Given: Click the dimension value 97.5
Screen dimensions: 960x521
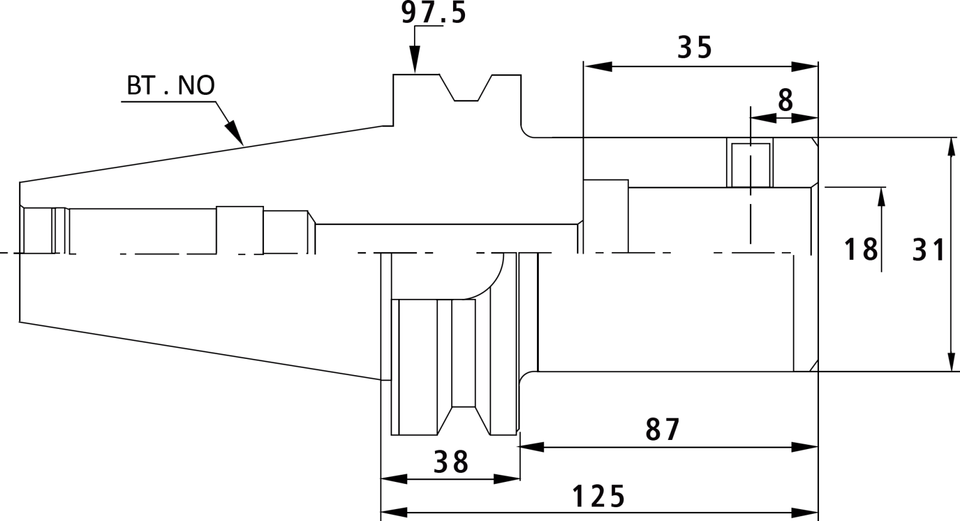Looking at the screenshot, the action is tap(433, 13).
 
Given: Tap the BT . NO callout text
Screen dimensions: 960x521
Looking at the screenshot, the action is tap(170, 85).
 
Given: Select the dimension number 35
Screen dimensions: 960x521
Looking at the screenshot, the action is tap(695, 47).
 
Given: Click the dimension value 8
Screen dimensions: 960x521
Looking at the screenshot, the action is tap(785, 100).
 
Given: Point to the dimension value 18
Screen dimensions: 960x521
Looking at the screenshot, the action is tap(860, 249).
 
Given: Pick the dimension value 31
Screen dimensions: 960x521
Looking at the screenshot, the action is tap(928, 250).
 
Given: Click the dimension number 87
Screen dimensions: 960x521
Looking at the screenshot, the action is tap(662, 429).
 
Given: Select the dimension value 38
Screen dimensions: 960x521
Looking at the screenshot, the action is tap(451, 462).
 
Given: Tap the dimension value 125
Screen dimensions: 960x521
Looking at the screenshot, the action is tap(599, 496).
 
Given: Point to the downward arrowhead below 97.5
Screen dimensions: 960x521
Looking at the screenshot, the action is tap(415, 59).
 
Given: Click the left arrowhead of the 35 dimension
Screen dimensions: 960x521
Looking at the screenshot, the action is tap(598, 67).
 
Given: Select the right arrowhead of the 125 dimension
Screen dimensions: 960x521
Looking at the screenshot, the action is tap(805, 512).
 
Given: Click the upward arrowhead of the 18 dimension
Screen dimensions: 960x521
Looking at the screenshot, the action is tap(881, 201).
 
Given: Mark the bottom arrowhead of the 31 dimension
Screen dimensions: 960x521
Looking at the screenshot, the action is tap(951, 357).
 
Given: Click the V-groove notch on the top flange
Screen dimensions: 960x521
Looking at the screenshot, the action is tap(466, 88).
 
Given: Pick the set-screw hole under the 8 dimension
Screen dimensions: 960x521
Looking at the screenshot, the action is tap(751, 165).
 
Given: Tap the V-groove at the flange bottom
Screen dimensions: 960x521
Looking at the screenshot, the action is tap(464, 420).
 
